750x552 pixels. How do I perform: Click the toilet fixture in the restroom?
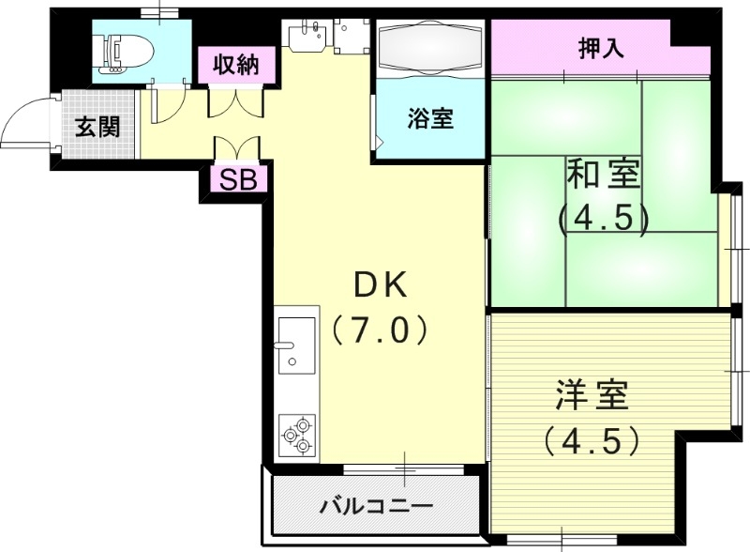pos(123,54)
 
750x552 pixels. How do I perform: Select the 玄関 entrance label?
pos(97,127)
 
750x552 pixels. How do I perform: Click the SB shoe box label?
pos(238,179)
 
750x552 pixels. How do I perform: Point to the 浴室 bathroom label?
pos(431,119)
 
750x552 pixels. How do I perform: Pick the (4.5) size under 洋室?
pos(592,439)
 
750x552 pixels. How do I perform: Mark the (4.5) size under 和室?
pos(603,218)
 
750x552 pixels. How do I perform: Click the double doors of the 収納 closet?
pos(228,101)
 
